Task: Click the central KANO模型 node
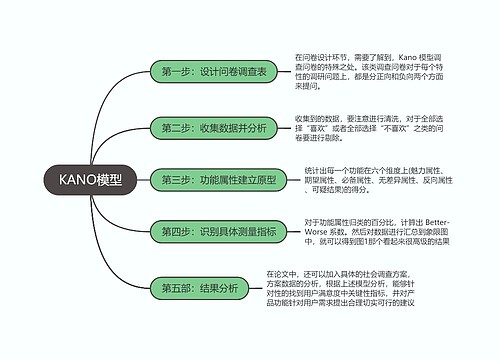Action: click(91, 180)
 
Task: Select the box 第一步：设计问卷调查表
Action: click(214, 71)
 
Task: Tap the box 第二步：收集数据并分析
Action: click(214, 128)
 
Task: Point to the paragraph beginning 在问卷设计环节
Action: click(364, 72)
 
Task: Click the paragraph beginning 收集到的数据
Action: click(364, 129)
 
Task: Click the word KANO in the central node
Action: click(77, 180)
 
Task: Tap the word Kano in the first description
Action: click(410, 58)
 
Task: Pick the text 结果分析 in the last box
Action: click(220, 288)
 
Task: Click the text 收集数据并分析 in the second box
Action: click(234, 128)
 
